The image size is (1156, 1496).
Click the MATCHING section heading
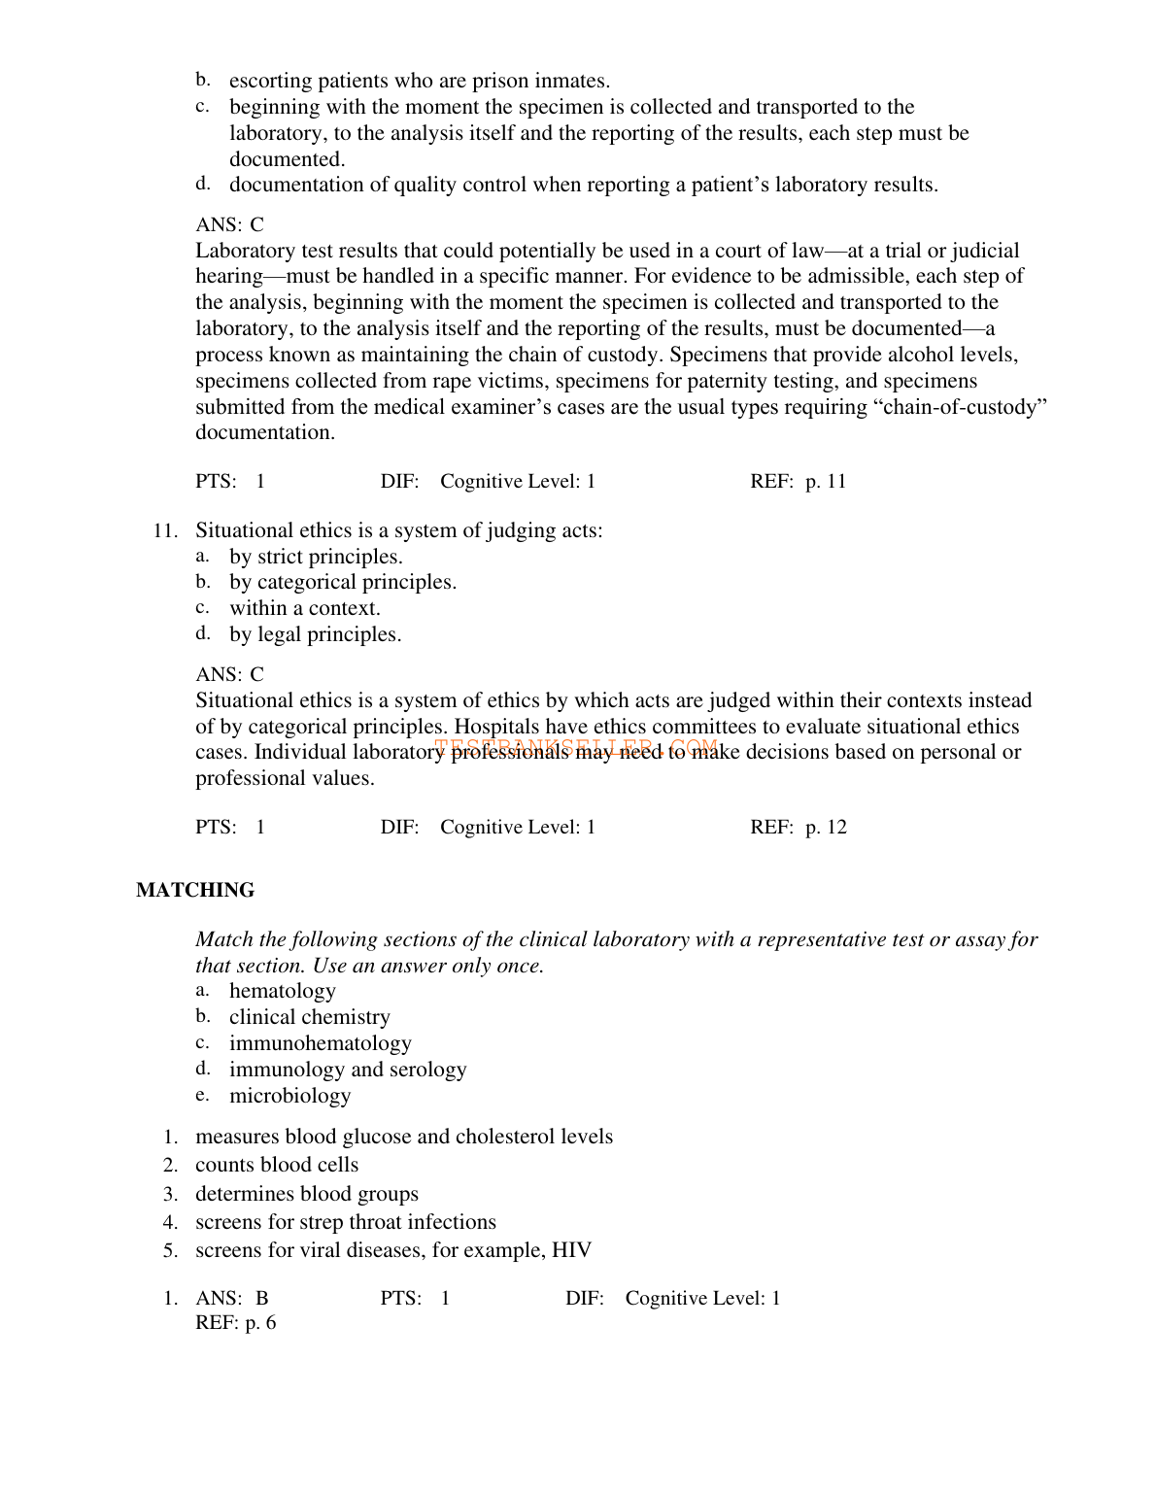[195, 891]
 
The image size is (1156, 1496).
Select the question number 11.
[165, 531]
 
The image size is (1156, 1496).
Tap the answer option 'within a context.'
[304, 609]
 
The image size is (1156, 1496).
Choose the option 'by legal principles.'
[315, 635]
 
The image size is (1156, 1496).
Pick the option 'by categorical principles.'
[342, 583]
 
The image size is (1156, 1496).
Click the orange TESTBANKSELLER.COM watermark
[576, 748]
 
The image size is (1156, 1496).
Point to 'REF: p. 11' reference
[798, 482]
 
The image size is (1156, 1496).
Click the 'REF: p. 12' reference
[798, 828]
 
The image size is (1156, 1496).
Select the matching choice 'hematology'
[282, 992]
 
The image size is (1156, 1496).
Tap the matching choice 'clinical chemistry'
[309, 1018]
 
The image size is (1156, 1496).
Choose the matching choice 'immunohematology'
[320, 1044]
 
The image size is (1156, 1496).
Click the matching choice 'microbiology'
[289, 1097]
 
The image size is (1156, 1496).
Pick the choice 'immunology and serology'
[347, 1071]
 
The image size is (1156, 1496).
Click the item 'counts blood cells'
[277, 1166]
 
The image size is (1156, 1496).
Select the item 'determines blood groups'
[306, 1195]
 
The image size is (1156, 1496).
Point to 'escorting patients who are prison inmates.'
[419, 82]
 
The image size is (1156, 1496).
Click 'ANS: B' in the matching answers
[231, 1299]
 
